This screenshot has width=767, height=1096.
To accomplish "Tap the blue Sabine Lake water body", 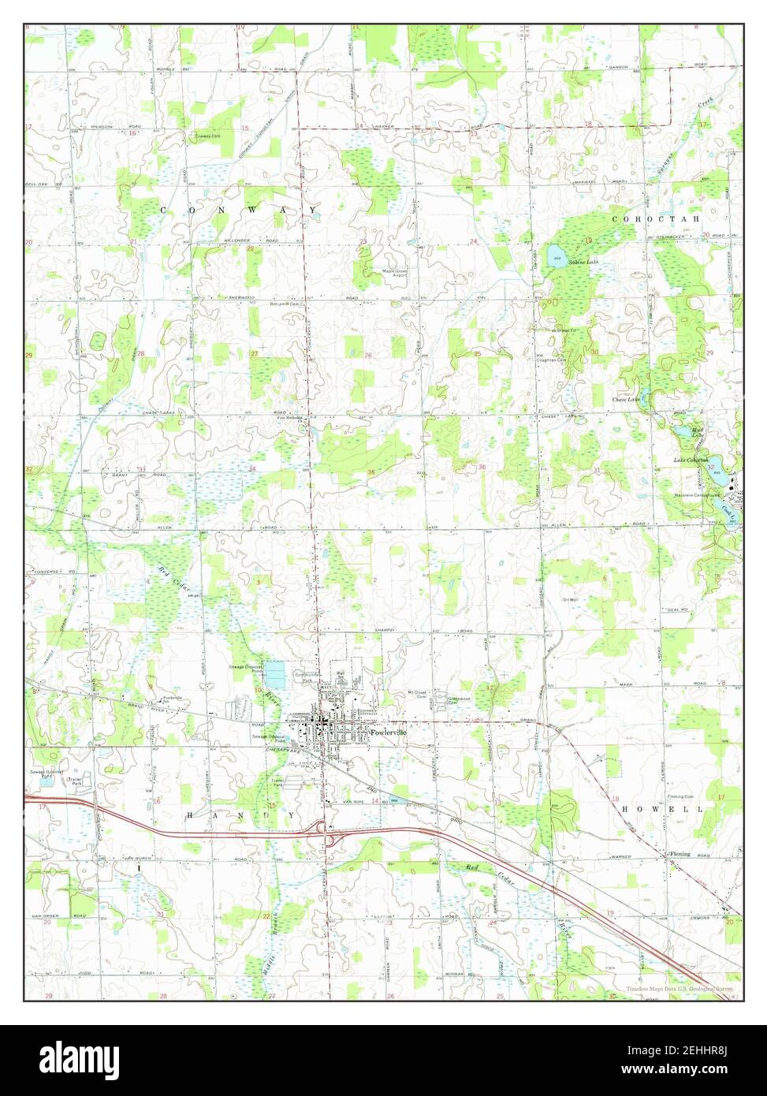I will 556,255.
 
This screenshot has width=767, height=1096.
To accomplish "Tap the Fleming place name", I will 680,854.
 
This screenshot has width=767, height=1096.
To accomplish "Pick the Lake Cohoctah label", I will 691,460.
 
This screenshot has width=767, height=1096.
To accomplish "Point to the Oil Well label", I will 571,600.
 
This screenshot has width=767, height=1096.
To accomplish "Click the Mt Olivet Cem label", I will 416,694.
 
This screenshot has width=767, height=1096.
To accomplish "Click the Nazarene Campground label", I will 697,495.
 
